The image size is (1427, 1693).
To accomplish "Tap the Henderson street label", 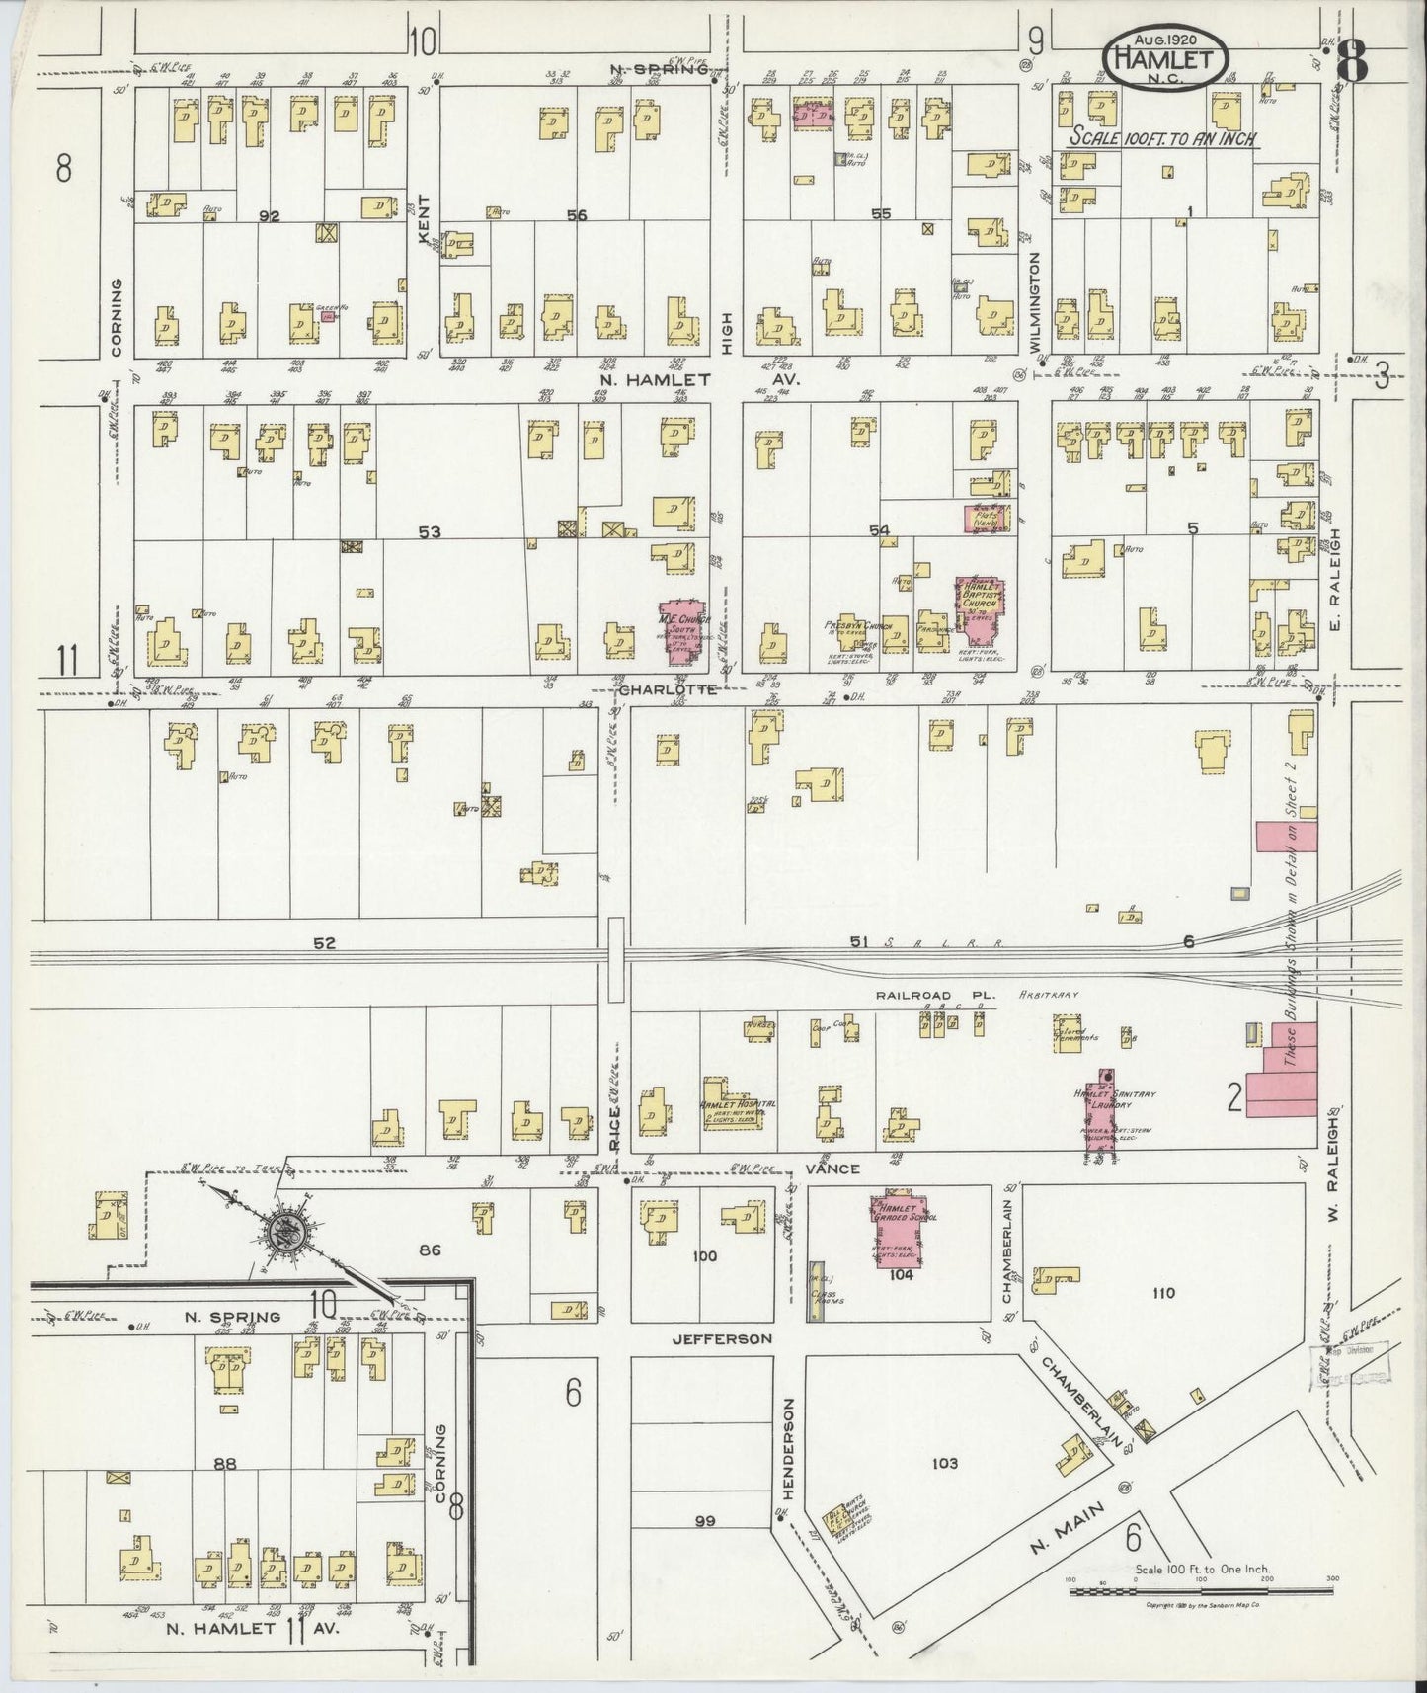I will coord(789,1414).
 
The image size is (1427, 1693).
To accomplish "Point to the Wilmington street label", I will coord(1035,302).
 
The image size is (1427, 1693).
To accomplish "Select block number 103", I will coord(944,1463).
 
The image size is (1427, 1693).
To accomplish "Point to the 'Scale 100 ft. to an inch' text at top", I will coord(1163,139).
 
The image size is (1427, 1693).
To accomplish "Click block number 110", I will coord(1163,1293).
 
